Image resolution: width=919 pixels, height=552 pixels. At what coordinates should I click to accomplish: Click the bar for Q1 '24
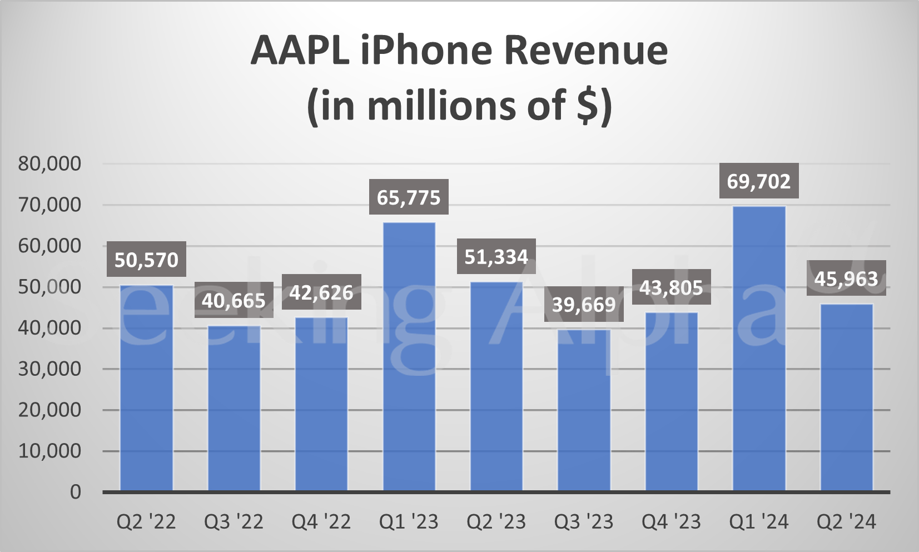[759, 349]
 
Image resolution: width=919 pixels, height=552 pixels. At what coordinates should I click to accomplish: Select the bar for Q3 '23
[584, 410]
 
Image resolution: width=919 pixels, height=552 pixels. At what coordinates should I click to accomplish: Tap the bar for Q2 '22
[146, 387]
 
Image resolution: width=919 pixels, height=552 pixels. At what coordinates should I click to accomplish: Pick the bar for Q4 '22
[321, 404]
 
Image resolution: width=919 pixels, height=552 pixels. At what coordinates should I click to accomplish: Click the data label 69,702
[759, 181]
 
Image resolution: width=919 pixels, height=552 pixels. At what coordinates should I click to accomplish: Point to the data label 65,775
[409, 197]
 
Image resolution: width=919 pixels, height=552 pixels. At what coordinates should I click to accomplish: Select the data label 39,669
[584, 305]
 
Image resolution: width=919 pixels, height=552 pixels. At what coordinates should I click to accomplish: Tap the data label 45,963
[846, 279]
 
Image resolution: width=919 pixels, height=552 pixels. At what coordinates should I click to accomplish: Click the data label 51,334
[496, 257]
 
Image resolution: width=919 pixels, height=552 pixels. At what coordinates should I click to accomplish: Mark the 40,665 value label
[234, 301]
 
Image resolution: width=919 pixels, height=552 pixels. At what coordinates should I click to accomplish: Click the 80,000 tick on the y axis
[49, 163]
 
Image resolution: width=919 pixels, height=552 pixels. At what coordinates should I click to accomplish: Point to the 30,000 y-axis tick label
[49, 369]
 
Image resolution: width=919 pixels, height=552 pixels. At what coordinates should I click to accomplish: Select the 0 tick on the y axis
[75, 492]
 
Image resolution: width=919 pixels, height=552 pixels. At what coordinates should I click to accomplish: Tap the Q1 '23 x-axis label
[409, 522]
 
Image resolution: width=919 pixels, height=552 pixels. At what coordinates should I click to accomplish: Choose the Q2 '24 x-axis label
[846, 522]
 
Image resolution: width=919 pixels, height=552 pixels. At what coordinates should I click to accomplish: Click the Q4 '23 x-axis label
[671, 522]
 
